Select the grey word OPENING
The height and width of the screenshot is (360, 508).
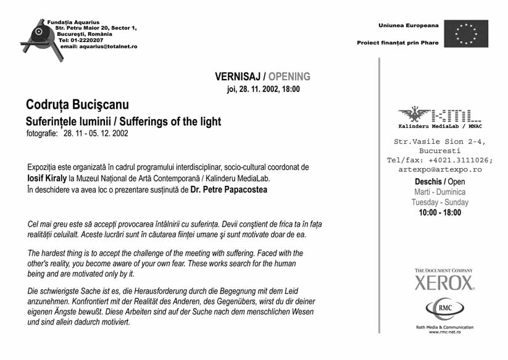(x=289, y=77)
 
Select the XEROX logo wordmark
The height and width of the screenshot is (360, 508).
(x=444, y=283)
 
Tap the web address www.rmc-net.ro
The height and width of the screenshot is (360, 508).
(x=444, y=332)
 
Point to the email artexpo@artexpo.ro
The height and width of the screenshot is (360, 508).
(x=439, y=169)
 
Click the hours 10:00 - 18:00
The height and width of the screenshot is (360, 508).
(x=439, y=213)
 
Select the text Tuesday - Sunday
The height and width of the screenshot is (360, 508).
(x=439, y=203)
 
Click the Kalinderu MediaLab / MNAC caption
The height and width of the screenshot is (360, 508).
(x=439, y=126)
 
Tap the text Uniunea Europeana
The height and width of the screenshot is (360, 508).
(x=409, y=25)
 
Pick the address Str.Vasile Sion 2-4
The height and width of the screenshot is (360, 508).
(x=439, y=141)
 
